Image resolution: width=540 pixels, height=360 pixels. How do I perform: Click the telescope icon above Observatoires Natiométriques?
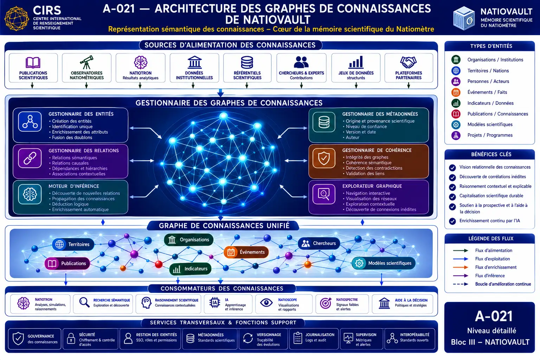[86, 62]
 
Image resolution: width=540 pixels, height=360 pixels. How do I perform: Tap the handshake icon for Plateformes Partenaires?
[409, 62]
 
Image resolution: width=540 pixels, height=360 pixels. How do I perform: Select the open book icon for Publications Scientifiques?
[33, 63]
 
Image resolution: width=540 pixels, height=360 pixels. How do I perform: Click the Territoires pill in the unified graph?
[73, 244]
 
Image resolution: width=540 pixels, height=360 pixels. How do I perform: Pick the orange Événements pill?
[246, 252]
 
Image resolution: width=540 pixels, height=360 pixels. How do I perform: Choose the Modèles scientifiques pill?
[384, 263]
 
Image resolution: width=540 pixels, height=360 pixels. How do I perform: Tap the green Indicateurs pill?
[191, 269]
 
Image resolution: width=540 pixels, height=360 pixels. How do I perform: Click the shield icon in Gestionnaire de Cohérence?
[324, 158]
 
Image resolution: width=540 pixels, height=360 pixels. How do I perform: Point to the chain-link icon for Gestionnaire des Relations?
[30, 159]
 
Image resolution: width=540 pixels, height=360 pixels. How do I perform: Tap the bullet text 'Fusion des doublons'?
[72, 137]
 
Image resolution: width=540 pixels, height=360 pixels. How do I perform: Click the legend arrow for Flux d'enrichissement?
[461, 267]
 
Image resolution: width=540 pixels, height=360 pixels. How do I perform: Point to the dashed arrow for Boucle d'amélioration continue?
[461, 284]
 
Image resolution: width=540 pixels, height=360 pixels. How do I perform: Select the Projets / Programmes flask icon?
[456, 135]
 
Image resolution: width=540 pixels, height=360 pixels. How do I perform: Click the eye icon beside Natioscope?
[266, 303]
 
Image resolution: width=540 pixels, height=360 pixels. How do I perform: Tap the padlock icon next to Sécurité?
[71, 338]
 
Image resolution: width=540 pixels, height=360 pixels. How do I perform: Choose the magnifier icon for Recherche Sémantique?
[84, 302]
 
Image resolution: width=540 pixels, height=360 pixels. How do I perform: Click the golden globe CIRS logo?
[17, 19]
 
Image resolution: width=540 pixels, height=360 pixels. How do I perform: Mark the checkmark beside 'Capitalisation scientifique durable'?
[452, 197]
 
